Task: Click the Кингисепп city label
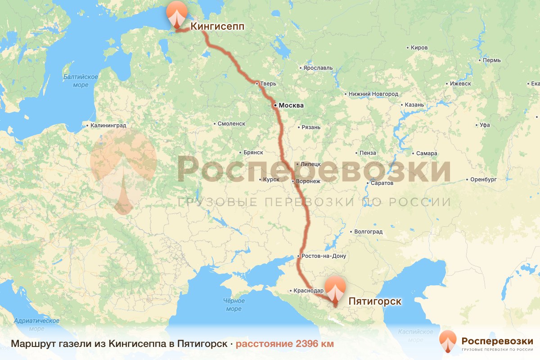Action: pyautogui.click(x=217, y=27)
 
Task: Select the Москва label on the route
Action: pyautogui.click(x=291, y=106)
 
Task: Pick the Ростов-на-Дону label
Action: pyautogui.click(x=324, y=256)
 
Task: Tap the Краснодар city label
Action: pyautogui.click(x=308, y=291)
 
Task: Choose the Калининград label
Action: pyautogui.click(x=108, y=126)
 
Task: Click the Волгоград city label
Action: pyautogui.click(x=369, y=232)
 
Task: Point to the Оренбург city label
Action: pyautogui.click(x=483, y=179)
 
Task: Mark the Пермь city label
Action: pyautogui.click(x=491, y=60)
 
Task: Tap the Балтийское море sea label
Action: pyautogui.click(x=81, y=81)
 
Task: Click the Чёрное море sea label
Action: pyautogui.click(x=234, y=305)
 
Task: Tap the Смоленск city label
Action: pyautogui.click(x=231, y=123)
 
